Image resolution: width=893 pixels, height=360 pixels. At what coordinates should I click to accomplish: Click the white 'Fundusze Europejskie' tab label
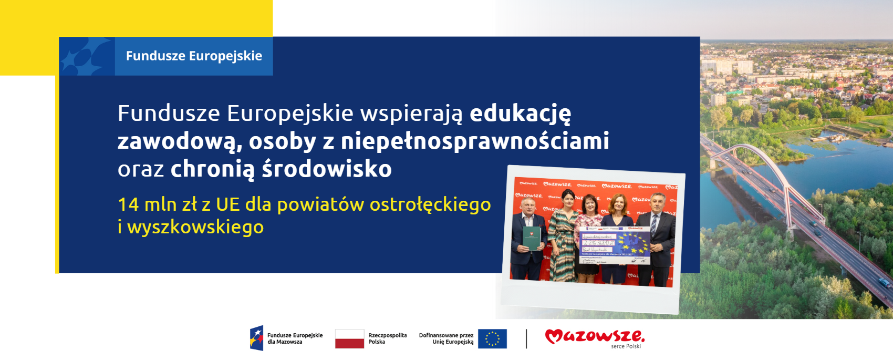tap(194, 56)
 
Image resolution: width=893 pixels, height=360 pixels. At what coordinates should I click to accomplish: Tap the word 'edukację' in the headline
tap(520, 114)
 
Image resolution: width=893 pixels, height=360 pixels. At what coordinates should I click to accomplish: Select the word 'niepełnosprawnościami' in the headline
tap(475, 141)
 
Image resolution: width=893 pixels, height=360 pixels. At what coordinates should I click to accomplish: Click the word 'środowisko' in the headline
tap(327, 169)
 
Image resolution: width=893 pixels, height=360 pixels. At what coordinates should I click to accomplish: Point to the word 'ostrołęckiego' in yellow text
tap(430, 204)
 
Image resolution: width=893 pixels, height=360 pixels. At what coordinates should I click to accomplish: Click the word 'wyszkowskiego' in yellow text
tap(195, 227)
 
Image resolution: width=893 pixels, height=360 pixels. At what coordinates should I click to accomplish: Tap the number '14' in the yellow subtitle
tap(128, 204)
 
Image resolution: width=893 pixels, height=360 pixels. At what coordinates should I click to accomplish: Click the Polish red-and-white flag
tap(349, 339)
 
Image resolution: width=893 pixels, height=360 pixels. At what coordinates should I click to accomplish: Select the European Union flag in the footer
tap(492, 339)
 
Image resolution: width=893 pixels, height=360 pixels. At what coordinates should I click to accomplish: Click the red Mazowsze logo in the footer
tap(595, 336)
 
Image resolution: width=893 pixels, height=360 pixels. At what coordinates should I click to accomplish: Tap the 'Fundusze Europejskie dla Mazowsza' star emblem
tap(256, 338)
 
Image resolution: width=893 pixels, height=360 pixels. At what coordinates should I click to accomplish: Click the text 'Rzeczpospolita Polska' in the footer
tap(387, 338)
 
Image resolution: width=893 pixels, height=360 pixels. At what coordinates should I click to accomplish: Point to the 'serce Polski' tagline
tap(626, 346)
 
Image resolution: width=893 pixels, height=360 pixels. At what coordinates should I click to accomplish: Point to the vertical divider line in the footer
tap(526, 339)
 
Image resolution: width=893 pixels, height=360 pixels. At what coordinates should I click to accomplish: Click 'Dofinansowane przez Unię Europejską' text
tap(446, 338)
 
